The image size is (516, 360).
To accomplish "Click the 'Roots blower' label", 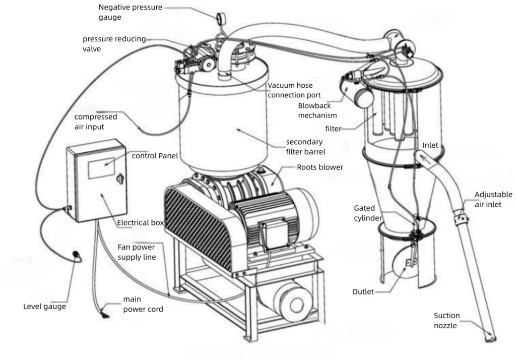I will tap(319, 167).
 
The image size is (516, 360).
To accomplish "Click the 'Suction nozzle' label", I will tap(446, 321).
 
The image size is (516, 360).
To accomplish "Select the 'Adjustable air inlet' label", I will tap(493, 199).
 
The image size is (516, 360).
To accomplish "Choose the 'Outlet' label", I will tap(363, 291).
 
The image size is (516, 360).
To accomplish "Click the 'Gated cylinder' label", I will tap(368, 212).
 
